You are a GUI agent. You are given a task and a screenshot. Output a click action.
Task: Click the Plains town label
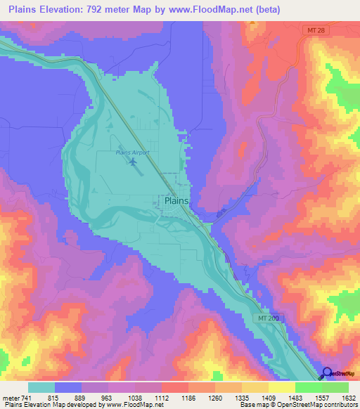coord(176,200)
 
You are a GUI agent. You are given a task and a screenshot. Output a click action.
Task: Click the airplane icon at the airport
coord(133,162)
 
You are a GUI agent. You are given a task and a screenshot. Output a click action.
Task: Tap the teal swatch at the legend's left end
coord(41,387)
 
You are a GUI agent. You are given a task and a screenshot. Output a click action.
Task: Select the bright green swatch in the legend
coord(309,387)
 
